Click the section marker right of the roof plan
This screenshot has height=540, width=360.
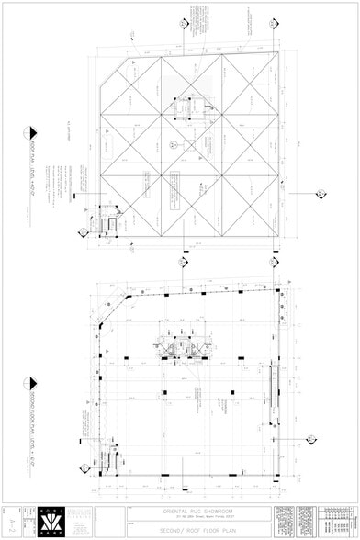(321, 194)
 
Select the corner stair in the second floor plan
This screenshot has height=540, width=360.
(111, 454)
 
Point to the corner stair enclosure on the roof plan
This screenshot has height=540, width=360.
(111, 224)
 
